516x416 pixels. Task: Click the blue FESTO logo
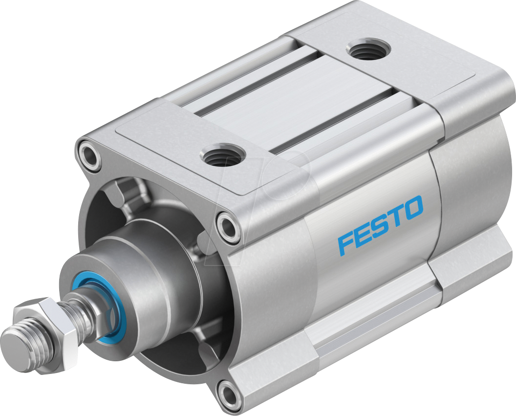[x=380, y=225]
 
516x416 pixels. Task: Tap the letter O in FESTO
[x=411, y=207]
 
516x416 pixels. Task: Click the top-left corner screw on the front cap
[x=88, y=155]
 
